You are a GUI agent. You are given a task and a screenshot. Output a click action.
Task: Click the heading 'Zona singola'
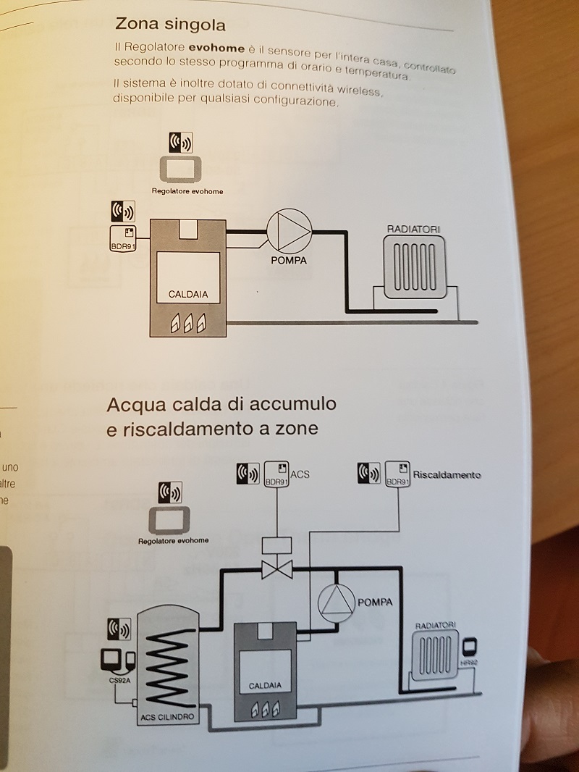click(x=170, y=25)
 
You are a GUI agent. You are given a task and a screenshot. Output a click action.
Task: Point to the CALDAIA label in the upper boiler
click(x=188, y=295)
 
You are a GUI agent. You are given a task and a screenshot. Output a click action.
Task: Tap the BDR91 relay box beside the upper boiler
click(x=123, y=236)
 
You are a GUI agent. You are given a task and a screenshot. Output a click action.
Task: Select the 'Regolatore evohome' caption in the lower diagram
click(x=174, y=540)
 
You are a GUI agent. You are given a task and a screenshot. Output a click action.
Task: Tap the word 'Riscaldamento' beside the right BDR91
click(x=446, y=476)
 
